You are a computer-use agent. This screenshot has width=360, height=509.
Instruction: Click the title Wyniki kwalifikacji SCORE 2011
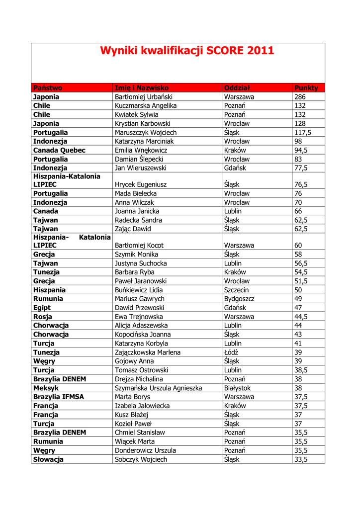(186, 51)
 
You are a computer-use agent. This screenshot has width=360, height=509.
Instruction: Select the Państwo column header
(48, 88)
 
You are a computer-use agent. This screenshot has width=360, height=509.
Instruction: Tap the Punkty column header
(306, 88)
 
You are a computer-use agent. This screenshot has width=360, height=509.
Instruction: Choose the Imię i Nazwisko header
(142, 88)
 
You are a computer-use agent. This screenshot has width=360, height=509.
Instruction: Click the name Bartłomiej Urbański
(144, 97)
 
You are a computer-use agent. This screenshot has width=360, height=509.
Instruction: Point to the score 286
(300, 97)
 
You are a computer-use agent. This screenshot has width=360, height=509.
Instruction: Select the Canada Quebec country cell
(59, 150)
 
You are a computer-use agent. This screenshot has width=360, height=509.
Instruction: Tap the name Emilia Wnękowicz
(141, 150)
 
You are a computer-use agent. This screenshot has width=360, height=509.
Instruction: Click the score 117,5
(303, 133)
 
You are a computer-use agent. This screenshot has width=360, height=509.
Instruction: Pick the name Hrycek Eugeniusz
(141, 184)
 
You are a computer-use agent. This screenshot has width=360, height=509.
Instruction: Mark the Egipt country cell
(42, 308)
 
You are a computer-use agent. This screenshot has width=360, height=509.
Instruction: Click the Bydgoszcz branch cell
(239, 299)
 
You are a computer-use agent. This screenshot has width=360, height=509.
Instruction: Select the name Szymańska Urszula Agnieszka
(158, 388)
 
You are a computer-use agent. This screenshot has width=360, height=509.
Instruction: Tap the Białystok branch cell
(237, 388)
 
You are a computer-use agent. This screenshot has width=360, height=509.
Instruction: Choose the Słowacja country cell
(48, 459)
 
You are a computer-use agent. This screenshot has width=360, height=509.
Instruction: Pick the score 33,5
(301, 459)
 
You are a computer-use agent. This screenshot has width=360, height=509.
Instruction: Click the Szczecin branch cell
(237, 290)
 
